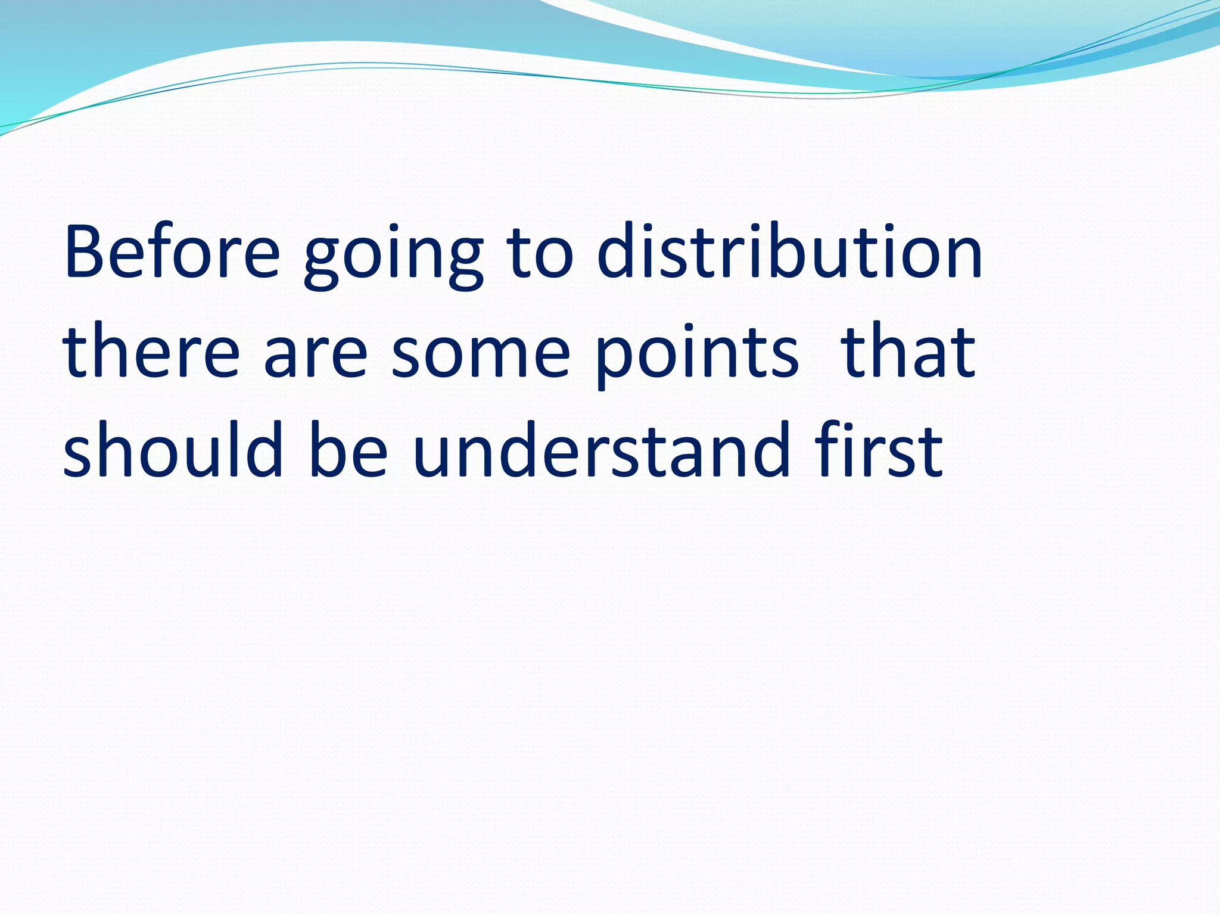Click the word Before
point(172,251)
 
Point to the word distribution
point(789,250)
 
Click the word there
point(151,351)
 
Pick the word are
point(316,356)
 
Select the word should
point(173,450)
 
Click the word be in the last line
point(348,450)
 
